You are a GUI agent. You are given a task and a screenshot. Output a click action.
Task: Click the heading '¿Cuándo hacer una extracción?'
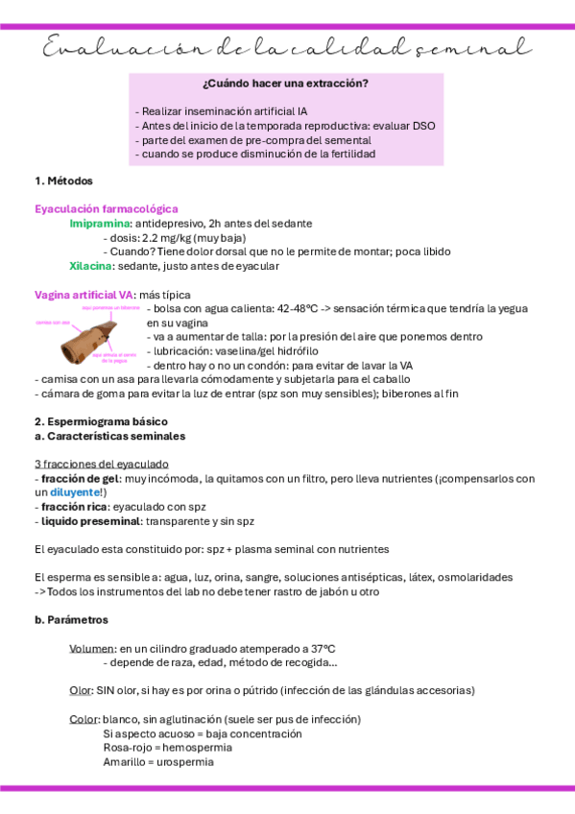coord(285,84)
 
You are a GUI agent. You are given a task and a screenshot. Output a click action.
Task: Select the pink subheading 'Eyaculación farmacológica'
coord(107,208)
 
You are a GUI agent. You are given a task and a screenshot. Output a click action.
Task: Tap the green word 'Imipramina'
coord(100,223)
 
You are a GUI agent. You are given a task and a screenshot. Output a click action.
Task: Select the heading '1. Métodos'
coord(63,180)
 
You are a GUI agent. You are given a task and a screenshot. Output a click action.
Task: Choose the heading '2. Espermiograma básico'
coord(101,421)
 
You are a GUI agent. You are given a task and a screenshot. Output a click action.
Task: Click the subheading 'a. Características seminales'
coord(109,436)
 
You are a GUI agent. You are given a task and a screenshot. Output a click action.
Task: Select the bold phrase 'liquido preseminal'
coord(82,520)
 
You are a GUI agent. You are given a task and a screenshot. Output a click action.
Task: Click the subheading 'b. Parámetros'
coord(72,620)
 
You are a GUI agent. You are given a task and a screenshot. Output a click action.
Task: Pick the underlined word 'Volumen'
coord(92,649)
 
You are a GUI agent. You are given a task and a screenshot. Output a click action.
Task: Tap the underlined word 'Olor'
coord(81,691)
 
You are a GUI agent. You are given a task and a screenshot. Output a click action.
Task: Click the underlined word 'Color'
coord(84,720)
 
